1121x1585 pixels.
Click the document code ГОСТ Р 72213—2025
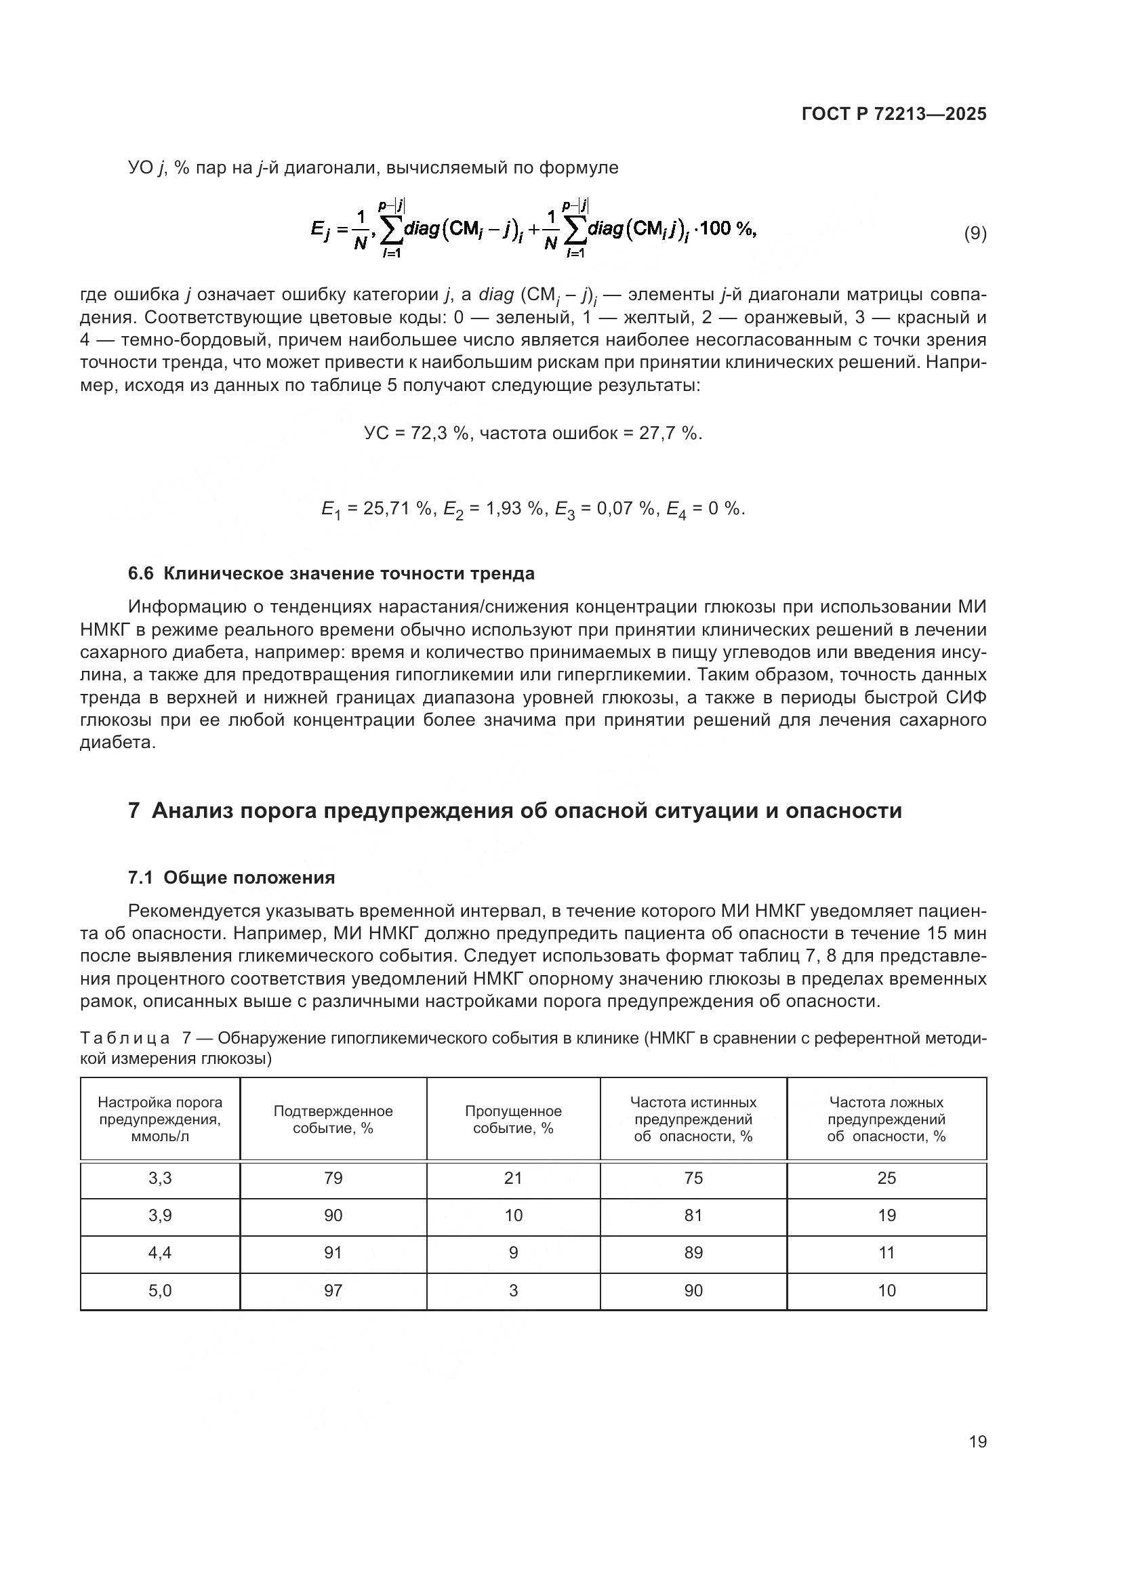[894, 115]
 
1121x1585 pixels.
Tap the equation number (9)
[975, 233]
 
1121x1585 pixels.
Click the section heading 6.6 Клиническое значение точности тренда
[331, 574]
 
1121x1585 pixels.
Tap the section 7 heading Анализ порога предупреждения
[515, 810]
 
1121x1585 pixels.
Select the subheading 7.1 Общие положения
[231, 878]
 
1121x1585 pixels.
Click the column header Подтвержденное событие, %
[333, 1119]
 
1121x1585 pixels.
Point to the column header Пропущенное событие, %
[513, 1119]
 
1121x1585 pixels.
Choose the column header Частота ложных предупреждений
[886, 1119]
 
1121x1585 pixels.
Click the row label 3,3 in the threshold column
[160, 1178]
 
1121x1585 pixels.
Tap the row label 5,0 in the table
[160, 1290]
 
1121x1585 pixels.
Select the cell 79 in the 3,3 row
[333, 1178]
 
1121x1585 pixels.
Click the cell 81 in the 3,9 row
[693, 1216]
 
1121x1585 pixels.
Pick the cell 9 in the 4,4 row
[513, 1253]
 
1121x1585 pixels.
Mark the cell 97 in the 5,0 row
[333, 1290]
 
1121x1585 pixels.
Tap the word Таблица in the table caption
[124, 1038]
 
